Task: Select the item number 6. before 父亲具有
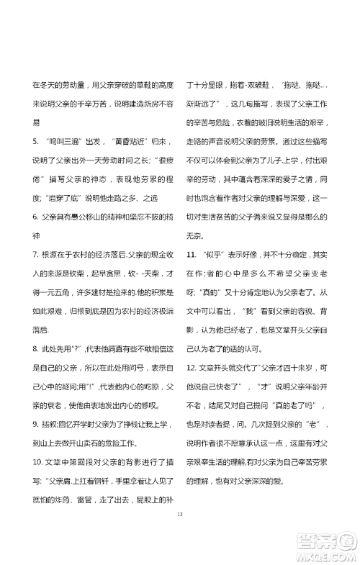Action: pyautogui.click(x=35, y=216)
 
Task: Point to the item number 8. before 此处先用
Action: pyautogui.click(x=35, y=349)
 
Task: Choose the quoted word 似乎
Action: pyautogui.click(x=212, y=254)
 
